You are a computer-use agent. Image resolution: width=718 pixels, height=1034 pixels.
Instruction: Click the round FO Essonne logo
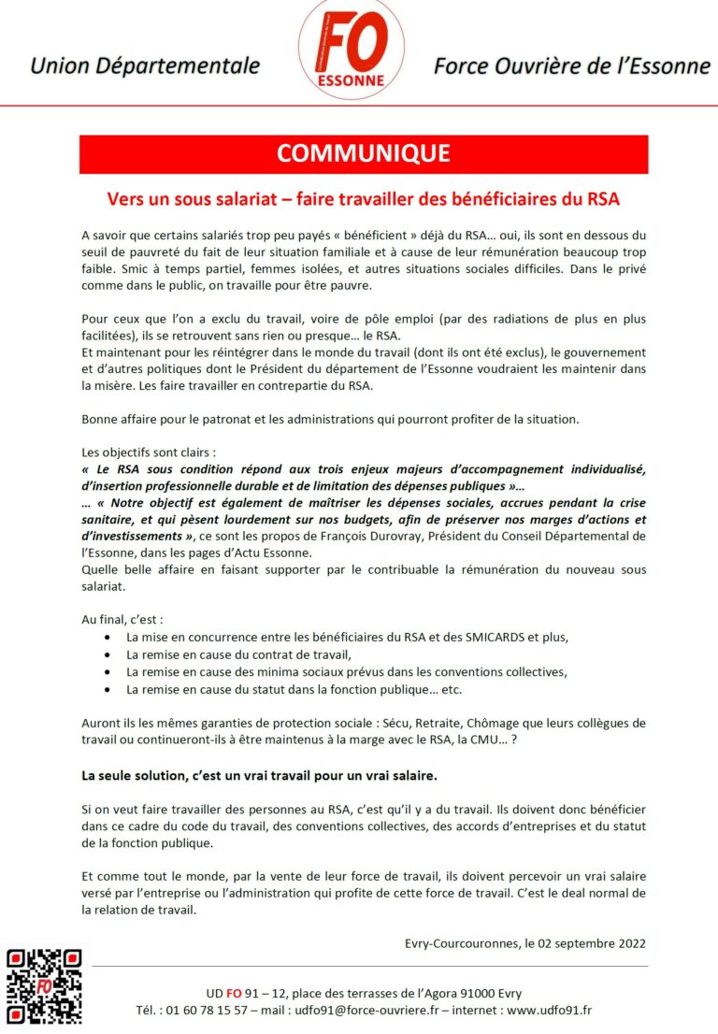pos(352,49)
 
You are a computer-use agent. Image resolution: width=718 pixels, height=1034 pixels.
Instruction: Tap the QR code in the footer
pos(44,985)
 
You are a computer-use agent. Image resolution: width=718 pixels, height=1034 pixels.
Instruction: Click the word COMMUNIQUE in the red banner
pos(364,154)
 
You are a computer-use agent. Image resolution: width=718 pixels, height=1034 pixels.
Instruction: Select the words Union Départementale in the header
pos(145,66)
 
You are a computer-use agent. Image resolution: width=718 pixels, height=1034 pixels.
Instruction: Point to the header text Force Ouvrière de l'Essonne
pos(571,66)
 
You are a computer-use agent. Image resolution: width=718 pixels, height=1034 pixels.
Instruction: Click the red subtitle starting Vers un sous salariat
pos(364,199)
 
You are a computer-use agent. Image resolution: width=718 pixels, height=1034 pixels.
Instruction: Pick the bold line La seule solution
pos(259,776)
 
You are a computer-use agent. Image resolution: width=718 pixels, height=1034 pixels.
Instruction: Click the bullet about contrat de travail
pos(238,654)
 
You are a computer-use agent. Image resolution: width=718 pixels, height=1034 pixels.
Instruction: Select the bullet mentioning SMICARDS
pos(347,637)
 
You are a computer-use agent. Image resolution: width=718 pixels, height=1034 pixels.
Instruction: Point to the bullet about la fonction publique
pos(294,690)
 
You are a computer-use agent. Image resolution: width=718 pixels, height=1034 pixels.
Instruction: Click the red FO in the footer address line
pos(237,993)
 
